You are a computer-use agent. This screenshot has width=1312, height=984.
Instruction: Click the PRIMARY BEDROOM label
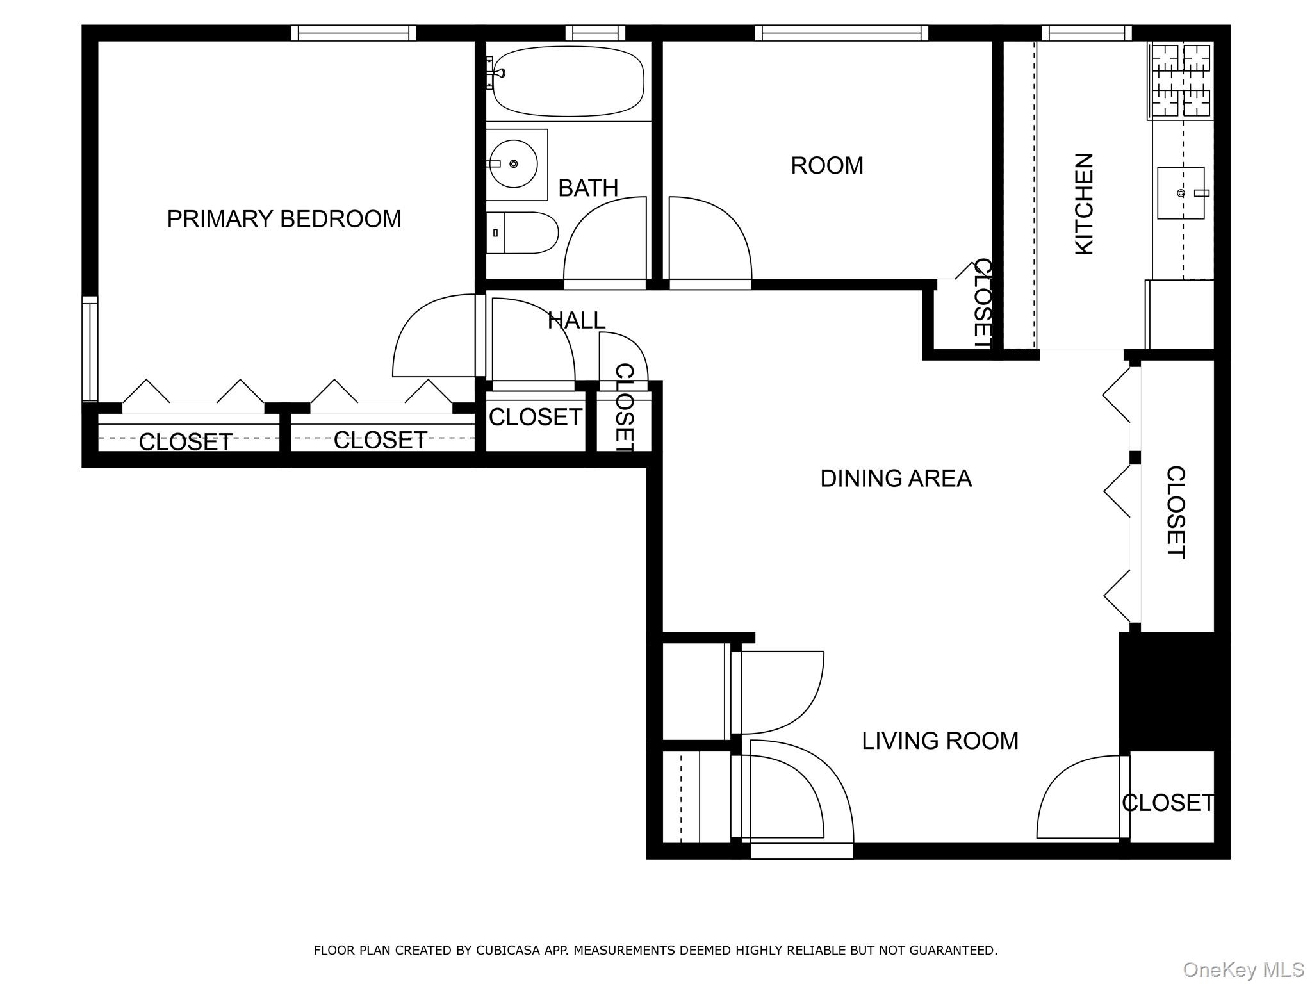(x=284, y=219)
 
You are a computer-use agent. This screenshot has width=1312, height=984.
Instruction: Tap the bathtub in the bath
(x=568, y=81)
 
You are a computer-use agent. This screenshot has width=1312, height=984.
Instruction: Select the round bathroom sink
(x=514, y=164)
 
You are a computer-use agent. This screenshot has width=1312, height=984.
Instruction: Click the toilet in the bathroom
(x=522, y=233)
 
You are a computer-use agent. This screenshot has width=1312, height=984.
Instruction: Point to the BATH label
(x=588, y=188)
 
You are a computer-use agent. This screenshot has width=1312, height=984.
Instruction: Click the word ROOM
(x=827, y=166)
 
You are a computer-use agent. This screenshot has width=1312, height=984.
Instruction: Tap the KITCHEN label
(x=1084, y=204)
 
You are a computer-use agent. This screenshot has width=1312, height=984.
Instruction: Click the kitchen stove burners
(x=1181, y=81)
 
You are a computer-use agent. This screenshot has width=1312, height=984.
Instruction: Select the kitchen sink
(x=1181, y=193)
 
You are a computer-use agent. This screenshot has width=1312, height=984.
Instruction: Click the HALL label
(x=577, y=321)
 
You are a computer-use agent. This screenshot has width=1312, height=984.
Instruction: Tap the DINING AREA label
(x=896, y=479)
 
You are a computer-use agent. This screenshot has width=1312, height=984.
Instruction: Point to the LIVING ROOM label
(x=940, y=741)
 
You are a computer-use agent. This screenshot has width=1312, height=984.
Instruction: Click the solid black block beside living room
(x=1174, y=691)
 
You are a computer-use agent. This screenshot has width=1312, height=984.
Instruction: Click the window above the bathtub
(x=595, y=33)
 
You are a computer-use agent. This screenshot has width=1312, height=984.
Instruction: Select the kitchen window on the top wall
(x=1086, y=33)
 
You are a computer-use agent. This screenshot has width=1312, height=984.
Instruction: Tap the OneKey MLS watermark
(x=1243, y=969)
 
